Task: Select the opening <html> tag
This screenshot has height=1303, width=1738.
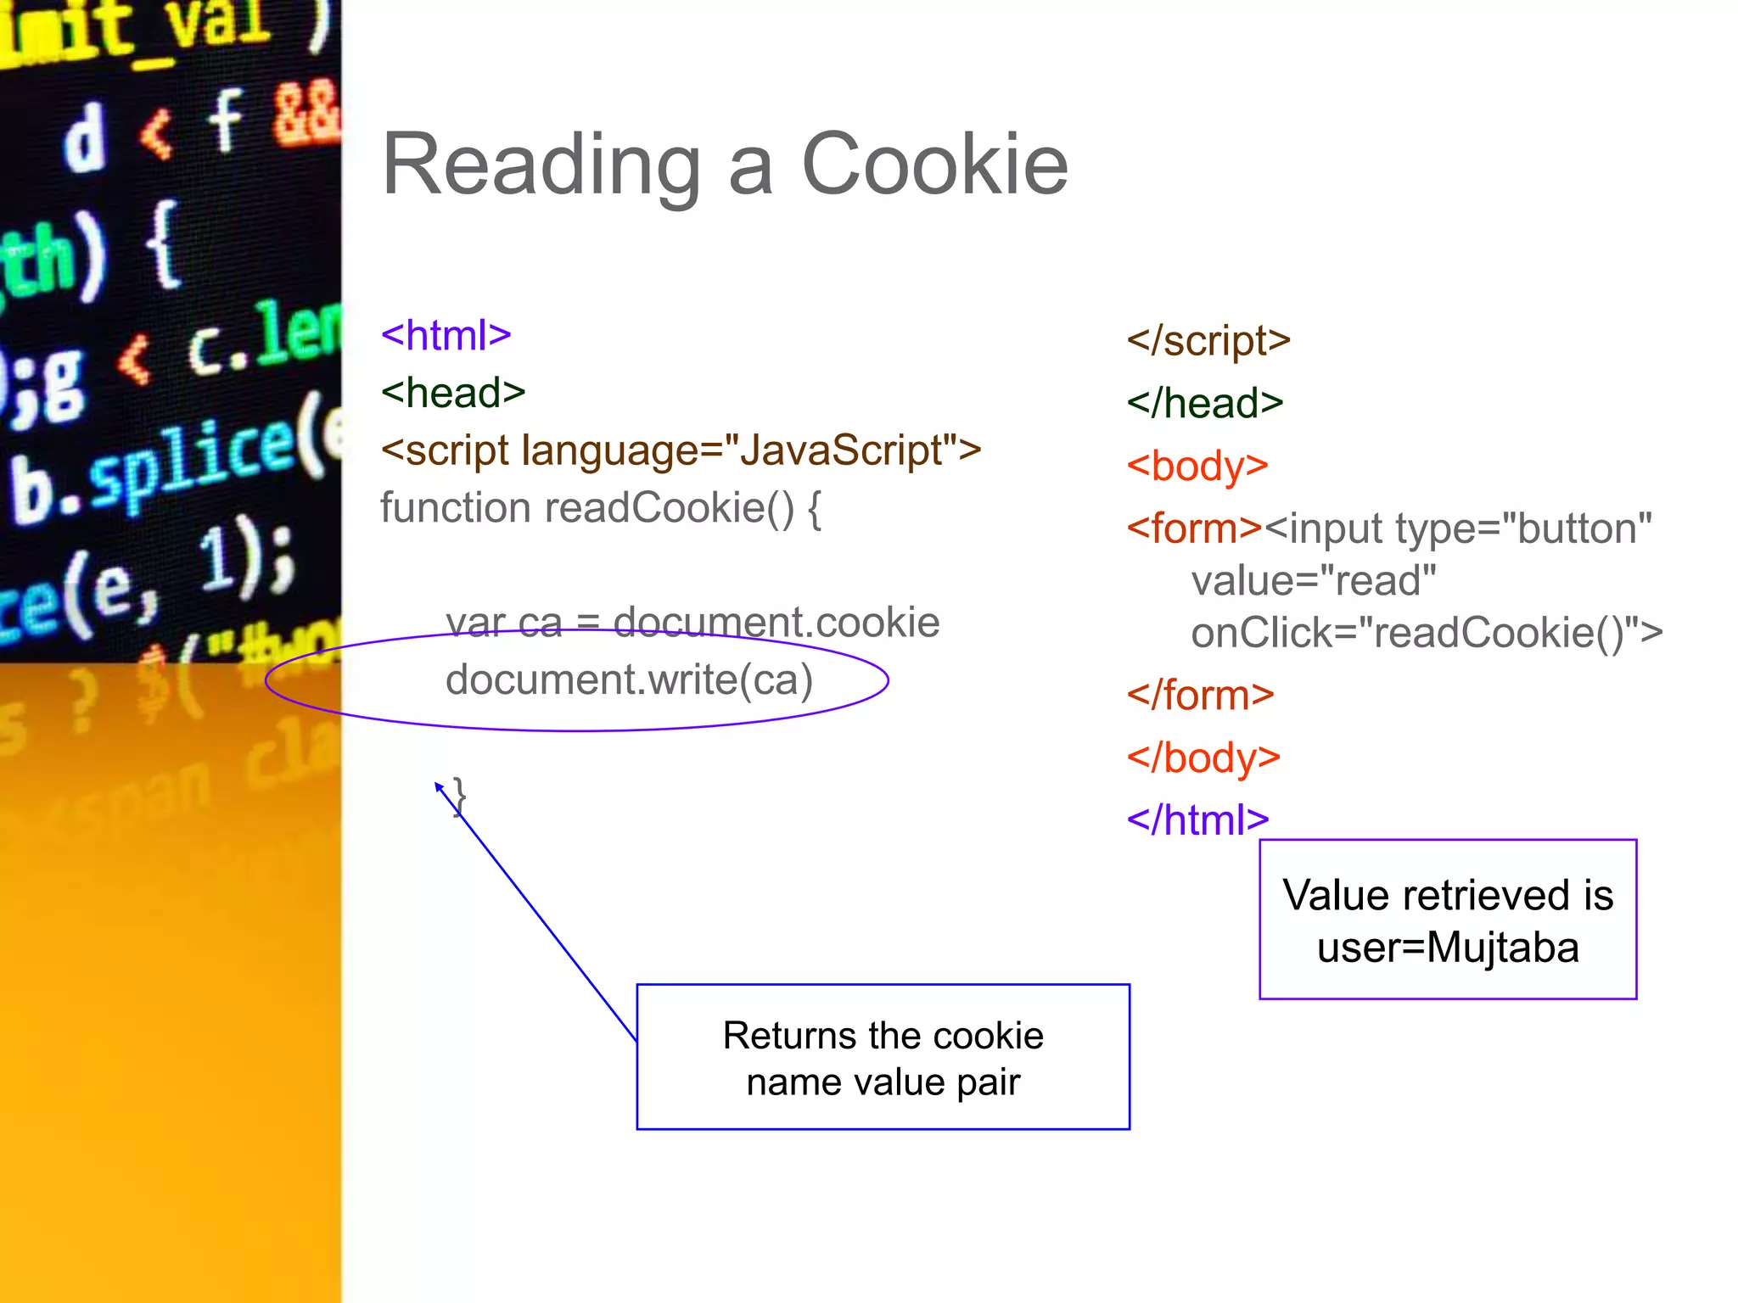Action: click(x=446, y=335)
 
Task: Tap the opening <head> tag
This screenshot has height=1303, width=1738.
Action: click(x=453, y=393)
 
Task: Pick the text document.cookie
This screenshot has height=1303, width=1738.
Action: click(x=776, y=623)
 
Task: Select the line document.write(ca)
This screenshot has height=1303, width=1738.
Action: click(x=629, y=679)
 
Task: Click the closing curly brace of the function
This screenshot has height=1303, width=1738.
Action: click(x=460, y=796)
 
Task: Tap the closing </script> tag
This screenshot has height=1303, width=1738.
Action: click(x=1208, y=341)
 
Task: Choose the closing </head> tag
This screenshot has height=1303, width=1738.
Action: click(x=1204, y=403)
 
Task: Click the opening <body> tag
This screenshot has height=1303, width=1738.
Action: click(x=1197, y=466)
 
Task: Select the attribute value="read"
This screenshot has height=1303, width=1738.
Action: click(x=1313, y=581)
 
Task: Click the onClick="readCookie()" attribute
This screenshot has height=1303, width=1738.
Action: click(x=1426, y=633)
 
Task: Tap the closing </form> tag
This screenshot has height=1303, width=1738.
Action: click(x=1200, y=696)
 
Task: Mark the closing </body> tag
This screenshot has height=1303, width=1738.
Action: click(x=1203, y=758)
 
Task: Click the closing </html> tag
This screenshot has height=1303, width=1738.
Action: click(x=1197, y=820)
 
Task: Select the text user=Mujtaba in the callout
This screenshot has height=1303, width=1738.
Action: click(x=1448, y=948)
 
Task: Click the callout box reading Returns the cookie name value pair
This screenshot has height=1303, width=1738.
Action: click(x=883, y=1057)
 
